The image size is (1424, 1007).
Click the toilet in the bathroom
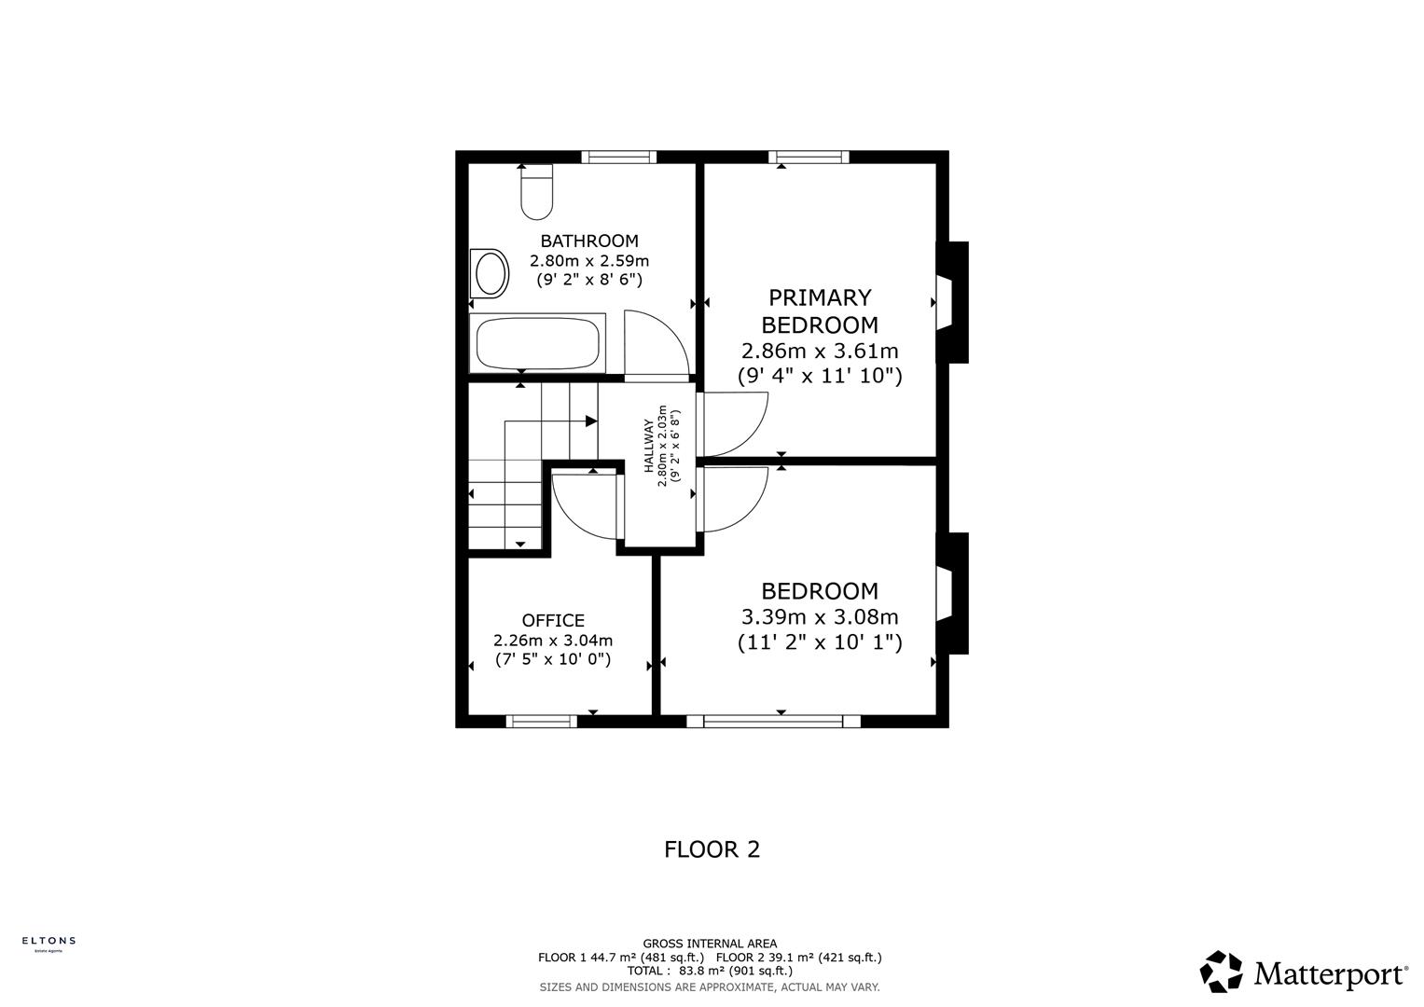[x=536, y=193]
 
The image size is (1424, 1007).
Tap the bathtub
[x=537, y=344]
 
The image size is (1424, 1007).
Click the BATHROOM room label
[x=589, y=241]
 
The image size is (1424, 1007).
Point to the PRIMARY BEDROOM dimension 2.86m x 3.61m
[x=820, y=352]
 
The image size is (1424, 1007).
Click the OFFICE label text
[x=553, y=621]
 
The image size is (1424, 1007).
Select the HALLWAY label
[x=649, y=446]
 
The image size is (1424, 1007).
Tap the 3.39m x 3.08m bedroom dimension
[x=820, y=617]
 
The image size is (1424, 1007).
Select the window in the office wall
[x=542, y=721]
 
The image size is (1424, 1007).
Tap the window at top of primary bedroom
[x=809, y=157]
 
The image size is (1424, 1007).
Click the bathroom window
[x=618, y=157]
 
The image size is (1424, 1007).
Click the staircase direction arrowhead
[x=590, y=421]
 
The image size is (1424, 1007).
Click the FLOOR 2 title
[x=712, y=849]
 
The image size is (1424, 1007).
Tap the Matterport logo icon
[x=1221, y=972]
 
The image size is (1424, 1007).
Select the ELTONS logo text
[x=48, y=941]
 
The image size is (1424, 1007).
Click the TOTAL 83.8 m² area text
[x=710, y=971]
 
